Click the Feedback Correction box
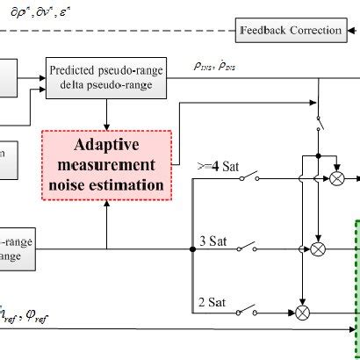coord(291,31)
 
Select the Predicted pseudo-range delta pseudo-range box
coord(106,77)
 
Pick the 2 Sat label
coord(212,302)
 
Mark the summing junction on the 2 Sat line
coord(303,312)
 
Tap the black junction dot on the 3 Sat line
coord(192,249)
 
